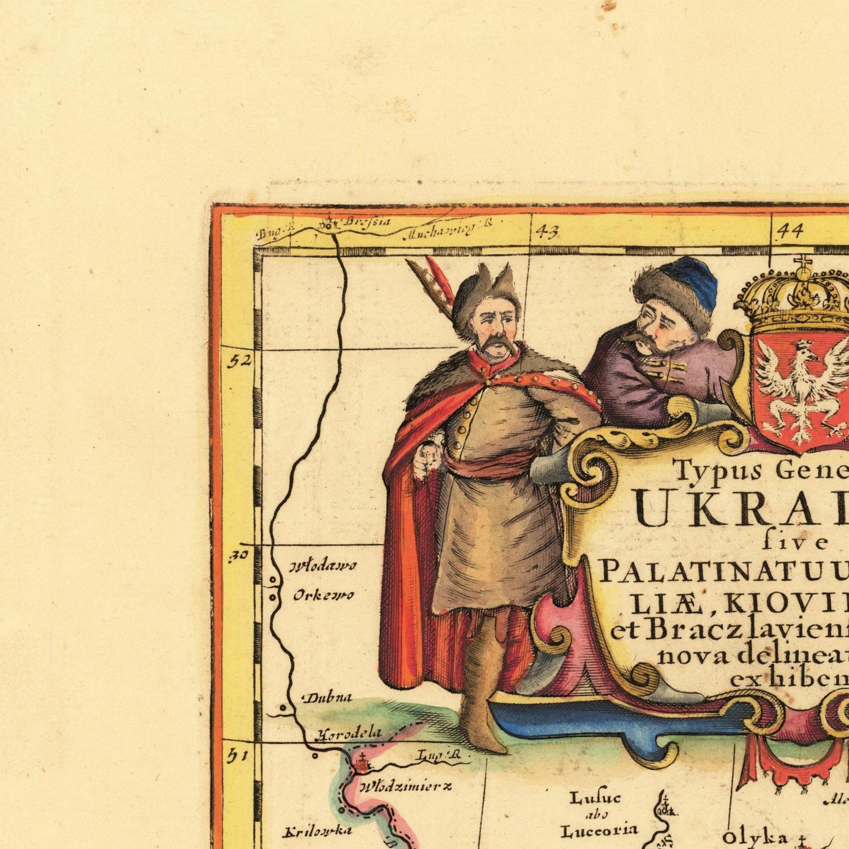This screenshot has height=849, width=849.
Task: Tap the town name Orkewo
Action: (x=323, y=596)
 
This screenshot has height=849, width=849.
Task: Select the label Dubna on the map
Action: (x=328, y=697)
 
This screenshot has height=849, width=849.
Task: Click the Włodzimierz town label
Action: (x=405, y=786)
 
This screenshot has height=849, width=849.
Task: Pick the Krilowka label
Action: (x=317, y=831)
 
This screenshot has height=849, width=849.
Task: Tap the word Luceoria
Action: (x=599, y=830)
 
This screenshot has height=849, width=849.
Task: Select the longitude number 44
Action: (x=790, y=231)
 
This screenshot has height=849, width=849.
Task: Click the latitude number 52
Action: (x=240, y=361)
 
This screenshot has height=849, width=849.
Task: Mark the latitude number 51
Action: (x=239, y=756)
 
